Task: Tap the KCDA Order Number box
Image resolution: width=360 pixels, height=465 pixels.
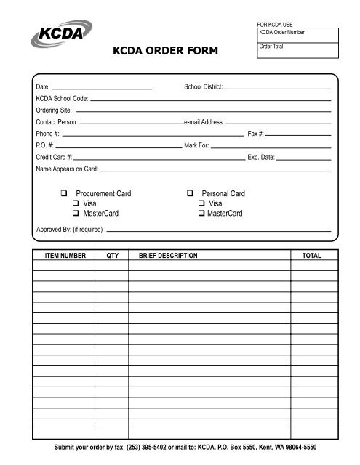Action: (296, 35)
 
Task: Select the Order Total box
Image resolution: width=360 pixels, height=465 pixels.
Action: (296, 52)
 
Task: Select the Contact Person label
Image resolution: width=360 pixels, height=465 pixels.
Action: (57, 121)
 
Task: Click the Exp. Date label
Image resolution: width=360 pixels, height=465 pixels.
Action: (261, 157)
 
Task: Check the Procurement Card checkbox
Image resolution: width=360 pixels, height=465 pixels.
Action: (64, 194)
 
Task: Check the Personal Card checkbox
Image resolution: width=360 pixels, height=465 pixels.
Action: (189, 194)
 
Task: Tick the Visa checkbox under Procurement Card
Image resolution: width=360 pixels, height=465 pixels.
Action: (75, 204)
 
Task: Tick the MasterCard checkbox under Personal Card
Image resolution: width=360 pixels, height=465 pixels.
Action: (200, 214)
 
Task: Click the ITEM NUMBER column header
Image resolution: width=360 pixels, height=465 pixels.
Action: (65, 256)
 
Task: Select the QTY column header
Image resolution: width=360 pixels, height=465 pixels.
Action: (112, 256)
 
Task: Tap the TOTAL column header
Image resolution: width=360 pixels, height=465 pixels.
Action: (311, 256)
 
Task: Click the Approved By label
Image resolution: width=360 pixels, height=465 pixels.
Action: (70, 230)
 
